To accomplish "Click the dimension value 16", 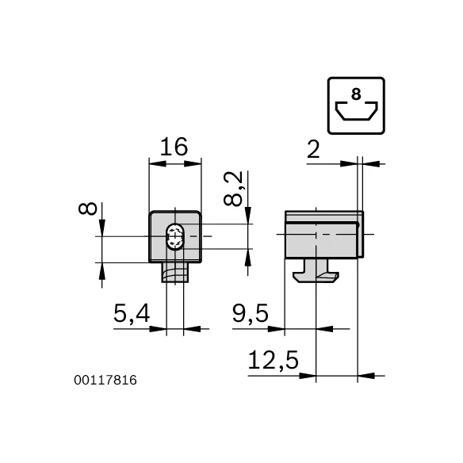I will (174, 147).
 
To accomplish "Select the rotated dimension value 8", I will (88, 209).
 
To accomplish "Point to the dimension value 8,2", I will (232, 189).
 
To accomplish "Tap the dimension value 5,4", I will (131, 315).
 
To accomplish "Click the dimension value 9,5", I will (251, 315).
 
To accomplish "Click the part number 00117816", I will (105, 381).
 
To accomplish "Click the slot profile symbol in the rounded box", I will (355, 111).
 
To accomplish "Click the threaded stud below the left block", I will (174, 273).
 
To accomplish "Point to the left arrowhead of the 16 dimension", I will (155, 164).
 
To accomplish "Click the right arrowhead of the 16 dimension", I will (196, 164).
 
